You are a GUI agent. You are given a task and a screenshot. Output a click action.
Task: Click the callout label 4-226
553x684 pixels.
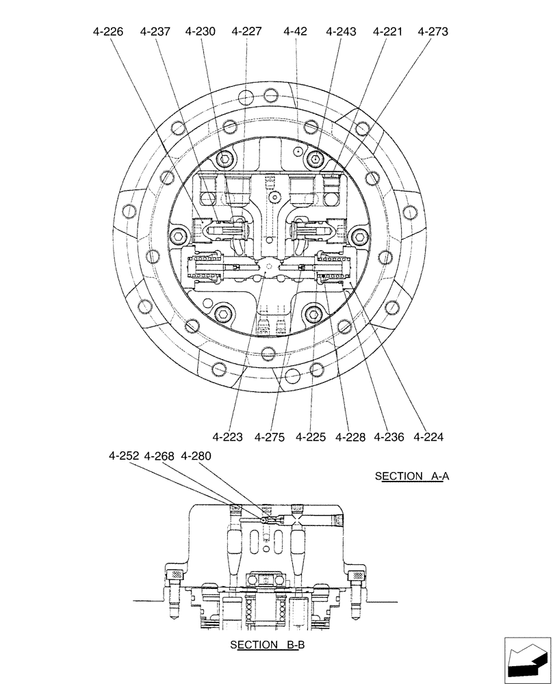(x=109, y=31)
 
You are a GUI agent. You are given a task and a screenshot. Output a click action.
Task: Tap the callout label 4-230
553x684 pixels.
(x=200, y=31)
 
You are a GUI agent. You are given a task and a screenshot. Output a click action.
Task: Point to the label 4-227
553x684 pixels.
(x=246, y=31)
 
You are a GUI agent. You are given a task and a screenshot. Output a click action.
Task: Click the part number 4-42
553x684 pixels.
(x=295, y=31)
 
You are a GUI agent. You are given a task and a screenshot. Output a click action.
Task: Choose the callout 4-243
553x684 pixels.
(x=341, y=31)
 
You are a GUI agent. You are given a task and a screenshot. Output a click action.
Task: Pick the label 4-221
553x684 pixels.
(x=387, y=31)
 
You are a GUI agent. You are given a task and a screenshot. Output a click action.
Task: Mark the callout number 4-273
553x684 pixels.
(x=433, y=31)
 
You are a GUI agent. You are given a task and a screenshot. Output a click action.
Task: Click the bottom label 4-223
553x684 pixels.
(x=227, y=436)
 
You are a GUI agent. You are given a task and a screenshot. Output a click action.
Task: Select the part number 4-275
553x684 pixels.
(x=269, y=436)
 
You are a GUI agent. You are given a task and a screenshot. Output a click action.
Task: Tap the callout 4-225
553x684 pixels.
(x=311, y=436)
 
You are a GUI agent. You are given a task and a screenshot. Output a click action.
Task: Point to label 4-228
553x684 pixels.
(x=350, y=436)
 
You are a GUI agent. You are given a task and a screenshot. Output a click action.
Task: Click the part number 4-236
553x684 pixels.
(x=389, y=436)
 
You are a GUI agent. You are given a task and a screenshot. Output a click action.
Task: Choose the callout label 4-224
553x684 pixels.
(x=429, y=436)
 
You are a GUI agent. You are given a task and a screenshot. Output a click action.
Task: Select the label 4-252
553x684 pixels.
(x=124, y=456)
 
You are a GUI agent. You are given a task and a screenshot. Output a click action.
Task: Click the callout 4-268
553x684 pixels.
(x=160, y=456)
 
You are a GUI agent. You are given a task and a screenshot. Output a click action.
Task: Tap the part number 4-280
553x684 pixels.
(x=196, y=456)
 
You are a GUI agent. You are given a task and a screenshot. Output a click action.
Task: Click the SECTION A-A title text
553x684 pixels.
(x=411, y=476)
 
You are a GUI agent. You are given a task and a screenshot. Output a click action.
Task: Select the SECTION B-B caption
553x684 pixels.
(x=264, y=645)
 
